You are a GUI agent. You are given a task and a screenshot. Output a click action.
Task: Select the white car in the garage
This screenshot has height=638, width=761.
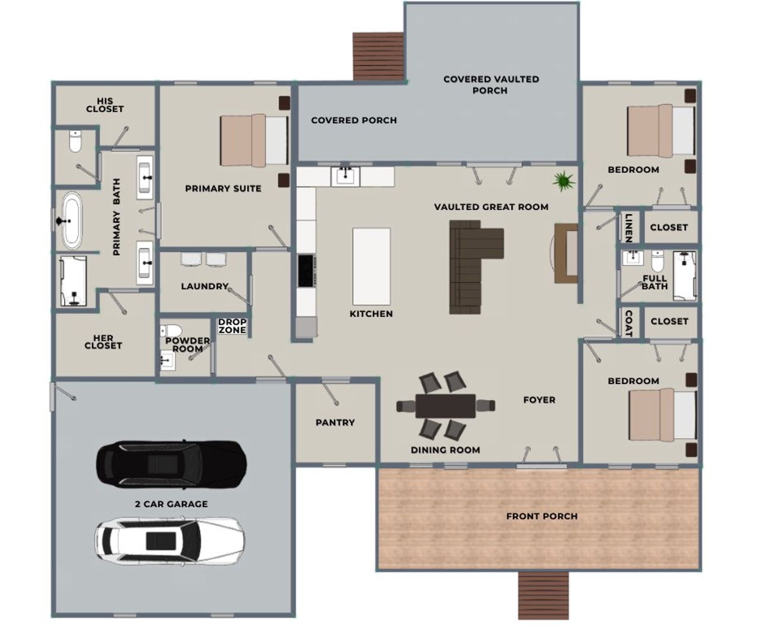(169, 540)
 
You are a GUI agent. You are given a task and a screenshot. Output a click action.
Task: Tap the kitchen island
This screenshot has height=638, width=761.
(371, 266)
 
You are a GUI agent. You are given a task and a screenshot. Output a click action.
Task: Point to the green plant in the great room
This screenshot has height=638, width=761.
(562, 181)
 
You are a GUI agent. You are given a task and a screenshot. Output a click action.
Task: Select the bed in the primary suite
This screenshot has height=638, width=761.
(254, 140)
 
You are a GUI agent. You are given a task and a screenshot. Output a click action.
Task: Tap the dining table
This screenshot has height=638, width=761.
(445, 406)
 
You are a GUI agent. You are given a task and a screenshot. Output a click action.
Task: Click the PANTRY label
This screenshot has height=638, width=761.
(335, 423)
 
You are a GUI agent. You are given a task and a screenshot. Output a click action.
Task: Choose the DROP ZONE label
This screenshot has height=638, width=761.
(232, 326)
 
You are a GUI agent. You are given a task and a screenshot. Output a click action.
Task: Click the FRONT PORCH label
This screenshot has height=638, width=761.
(542, 516)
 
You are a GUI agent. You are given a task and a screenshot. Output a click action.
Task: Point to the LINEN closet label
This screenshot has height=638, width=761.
(628, 227)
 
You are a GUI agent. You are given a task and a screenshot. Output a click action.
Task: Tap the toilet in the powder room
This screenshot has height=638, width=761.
(172, 331)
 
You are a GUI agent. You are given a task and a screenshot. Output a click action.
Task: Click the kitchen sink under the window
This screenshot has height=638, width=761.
(345, 176)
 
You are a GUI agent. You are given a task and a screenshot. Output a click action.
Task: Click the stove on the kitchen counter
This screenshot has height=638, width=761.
(306, 271)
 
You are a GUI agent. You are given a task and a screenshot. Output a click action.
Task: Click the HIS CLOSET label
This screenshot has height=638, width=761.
(105, 105)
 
